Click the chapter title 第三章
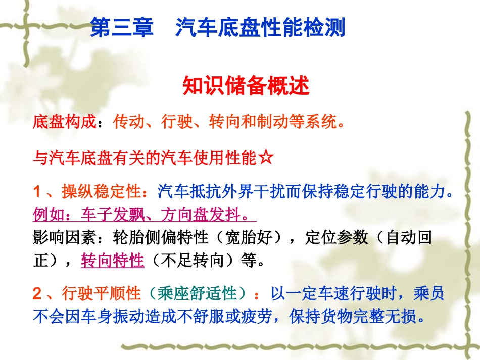pos(121,28)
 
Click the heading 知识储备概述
pos(246,86)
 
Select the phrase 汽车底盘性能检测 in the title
pos(260,28)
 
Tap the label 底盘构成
pos(64,122)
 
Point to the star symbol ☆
pos(266,158)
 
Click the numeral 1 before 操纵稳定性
pos(37,192)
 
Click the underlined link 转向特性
pos(112,261)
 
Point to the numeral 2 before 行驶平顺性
pos(37,293)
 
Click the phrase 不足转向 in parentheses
pos(199,261)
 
